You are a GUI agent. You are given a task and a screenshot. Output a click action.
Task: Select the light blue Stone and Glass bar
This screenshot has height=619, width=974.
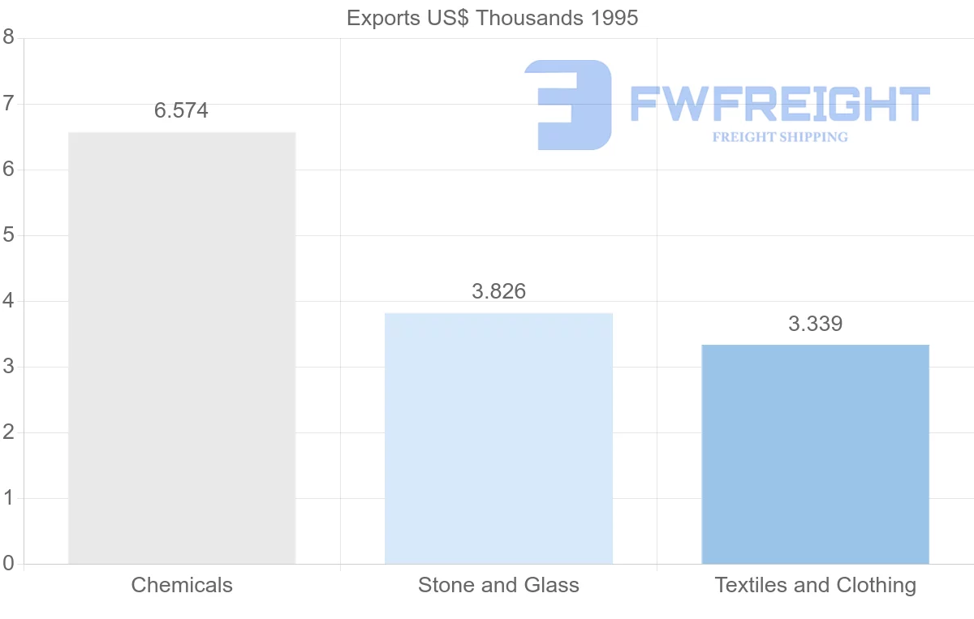click(x=498, y=438)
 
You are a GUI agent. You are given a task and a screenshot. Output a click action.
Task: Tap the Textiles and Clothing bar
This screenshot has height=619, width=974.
click(x=815, y=454)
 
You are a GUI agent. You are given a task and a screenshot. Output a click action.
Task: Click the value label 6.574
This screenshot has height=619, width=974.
click(x=182, y=110)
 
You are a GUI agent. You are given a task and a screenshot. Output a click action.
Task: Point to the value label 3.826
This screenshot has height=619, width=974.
click(x=498, y=291)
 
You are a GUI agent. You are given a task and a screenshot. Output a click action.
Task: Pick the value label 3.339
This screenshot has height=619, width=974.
click(x=815, y=324)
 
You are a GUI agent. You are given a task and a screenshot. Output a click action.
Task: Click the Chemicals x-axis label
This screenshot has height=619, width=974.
click(x=182, y=585)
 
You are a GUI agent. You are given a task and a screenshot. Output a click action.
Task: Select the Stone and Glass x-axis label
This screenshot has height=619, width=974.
click(x=498, y=585)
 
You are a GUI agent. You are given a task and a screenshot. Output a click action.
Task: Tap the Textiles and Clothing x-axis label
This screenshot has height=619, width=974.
click(x=815, y=585)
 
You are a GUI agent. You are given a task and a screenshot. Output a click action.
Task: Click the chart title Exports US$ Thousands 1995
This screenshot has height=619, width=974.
click(x=492, y=18)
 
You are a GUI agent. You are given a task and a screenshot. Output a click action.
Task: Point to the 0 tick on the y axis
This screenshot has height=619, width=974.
click(x=8, y=564)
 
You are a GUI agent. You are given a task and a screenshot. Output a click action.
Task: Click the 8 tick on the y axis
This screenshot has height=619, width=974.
click(x=8, y=37)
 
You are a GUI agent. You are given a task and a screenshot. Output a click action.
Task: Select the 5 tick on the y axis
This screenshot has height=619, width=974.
click(x=8, y=235)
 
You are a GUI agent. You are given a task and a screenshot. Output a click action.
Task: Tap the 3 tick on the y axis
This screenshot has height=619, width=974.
click(x=8, y=367)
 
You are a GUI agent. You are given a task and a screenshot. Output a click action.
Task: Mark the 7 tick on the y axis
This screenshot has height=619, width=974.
click(x=8, y=104)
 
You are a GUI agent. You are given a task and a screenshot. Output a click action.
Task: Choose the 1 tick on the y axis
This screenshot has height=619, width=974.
click(x=8, y=498)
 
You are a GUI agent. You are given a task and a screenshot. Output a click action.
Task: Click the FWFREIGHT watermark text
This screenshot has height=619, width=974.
click(x=779, y=104)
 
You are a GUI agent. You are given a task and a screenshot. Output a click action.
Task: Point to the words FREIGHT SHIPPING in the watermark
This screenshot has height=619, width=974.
click(x=780, y=137)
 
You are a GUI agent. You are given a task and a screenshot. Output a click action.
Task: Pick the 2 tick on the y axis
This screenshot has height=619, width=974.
click(x=8, y=432)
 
